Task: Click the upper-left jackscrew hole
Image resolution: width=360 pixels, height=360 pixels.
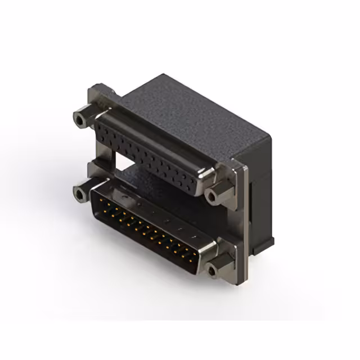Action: tap(80, 119)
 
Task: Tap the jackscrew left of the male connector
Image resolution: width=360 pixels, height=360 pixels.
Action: tap(80, 194)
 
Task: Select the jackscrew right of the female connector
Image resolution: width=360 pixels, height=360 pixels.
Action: tap(212, 196)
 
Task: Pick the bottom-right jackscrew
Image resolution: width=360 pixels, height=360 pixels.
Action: tap(212, 271)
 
